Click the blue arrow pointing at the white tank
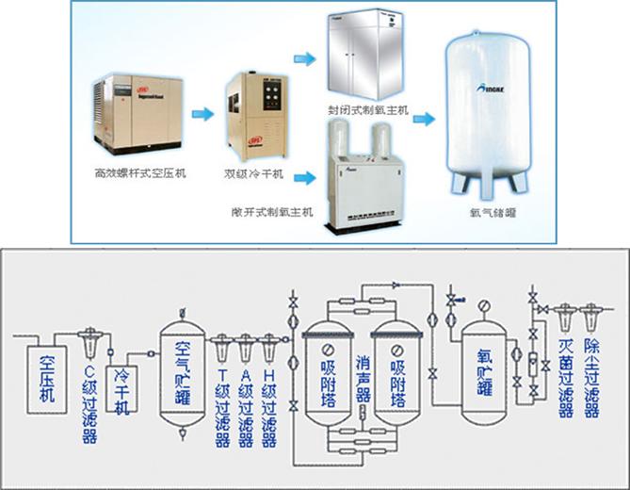(427, 120)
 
